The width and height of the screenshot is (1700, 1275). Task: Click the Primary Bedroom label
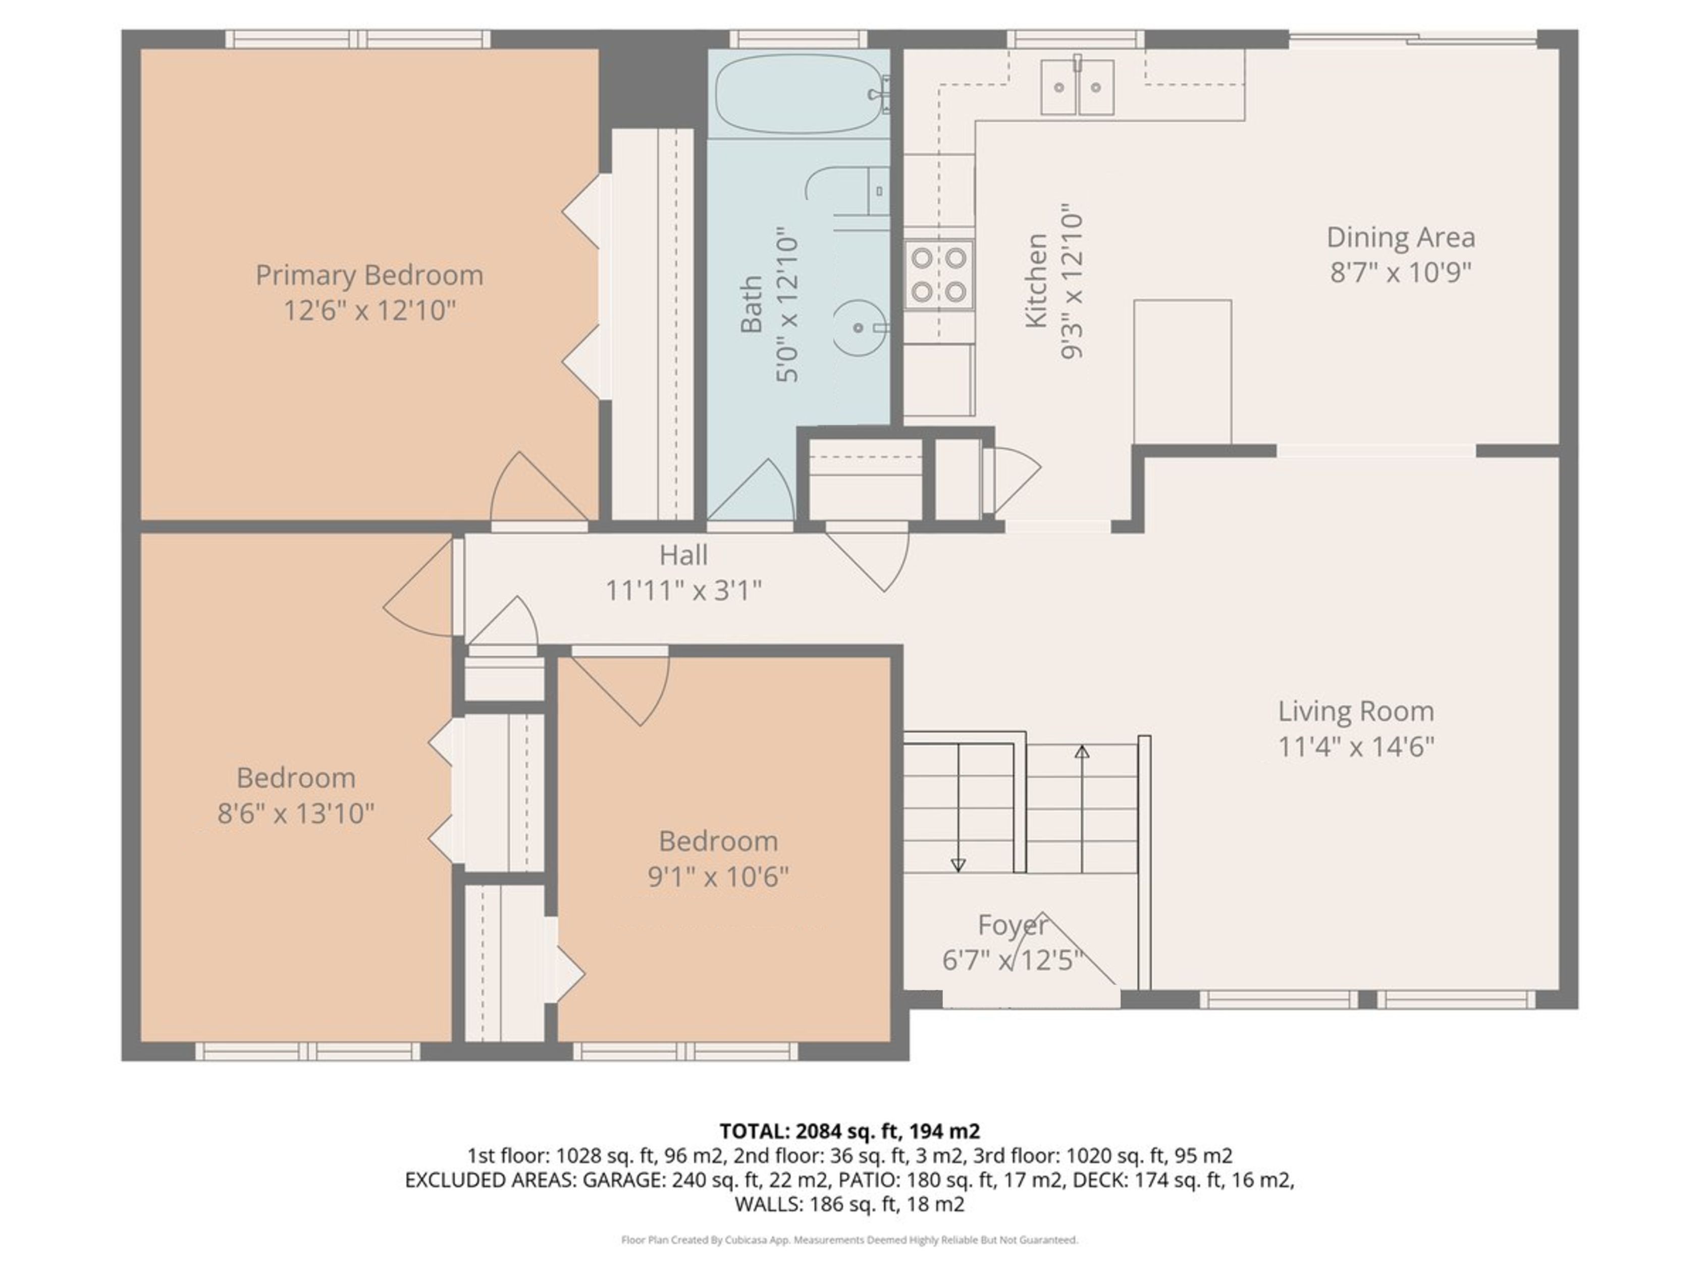pyautogui.click(x=369, y=275)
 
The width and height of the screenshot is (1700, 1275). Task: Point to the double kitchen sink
pyautogui.click(x=1078, y=87)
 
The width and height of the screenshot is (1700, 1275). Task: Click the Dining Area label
pyautogui.click(x=1400, y=238)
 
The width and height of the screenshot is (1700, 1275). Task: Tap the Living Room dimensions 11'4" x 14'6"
pyautogui.click(x=1356, y=746)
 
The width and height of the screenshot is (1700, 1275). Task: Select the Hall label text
pyautogui.click(x=683, y=555)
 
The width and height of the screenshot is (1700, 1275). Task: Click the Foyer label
pyautogui.click(x=1012, y=925)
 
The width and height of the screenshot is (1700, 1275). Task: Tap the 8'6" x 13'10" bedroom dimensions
pyautogui.click(x=296, y=813)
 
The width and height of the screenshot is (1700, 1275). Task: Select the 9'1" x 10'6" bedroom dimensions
pyautogui.click(x=718, y=876)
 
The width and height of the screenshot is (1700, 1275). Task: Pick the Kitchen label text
pyautogui.click(x=1036, y=281)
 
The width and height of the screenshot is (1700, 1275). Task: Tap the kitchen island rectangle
pyautogui.click(x=1183, y=372)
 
